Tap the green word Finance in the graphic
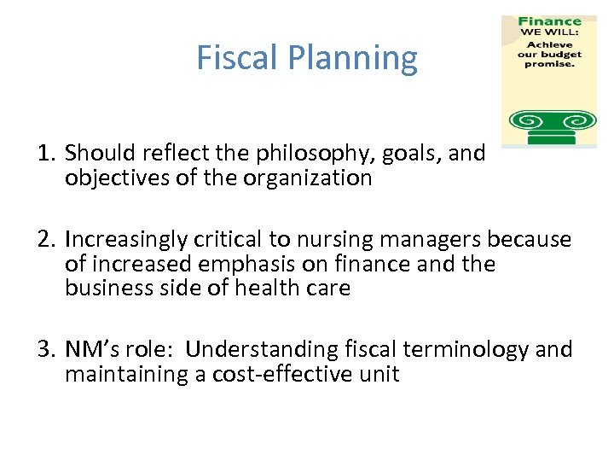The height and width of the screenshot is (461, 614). click(549, 21)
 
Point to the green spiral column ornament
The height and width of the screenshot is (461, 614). click(549, 125)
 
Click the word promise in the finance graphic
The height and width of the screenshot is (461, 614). click(549, 64)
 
